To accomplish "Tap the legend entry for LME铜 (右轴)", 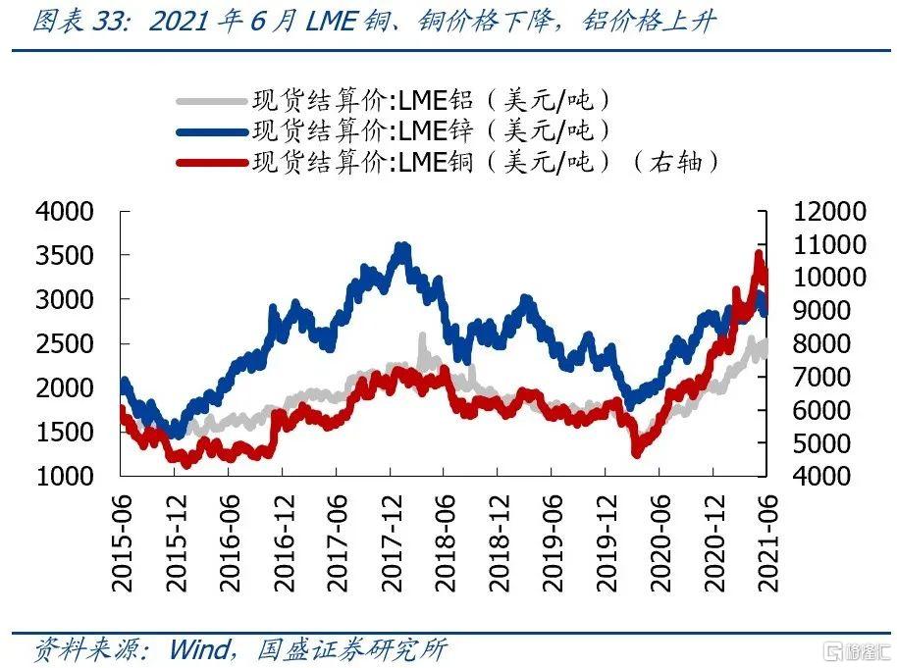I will pos(486,162).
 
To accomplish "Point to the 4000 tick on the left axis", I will pos(65,212).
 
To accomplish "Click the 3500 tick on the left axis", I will pos(65,256).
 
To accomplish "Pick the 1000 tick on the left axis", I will pos(65,477).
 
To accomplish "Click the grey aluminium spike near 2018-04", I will pos(423,338).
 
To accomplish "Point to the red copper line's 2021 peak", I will pos(759,255).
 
